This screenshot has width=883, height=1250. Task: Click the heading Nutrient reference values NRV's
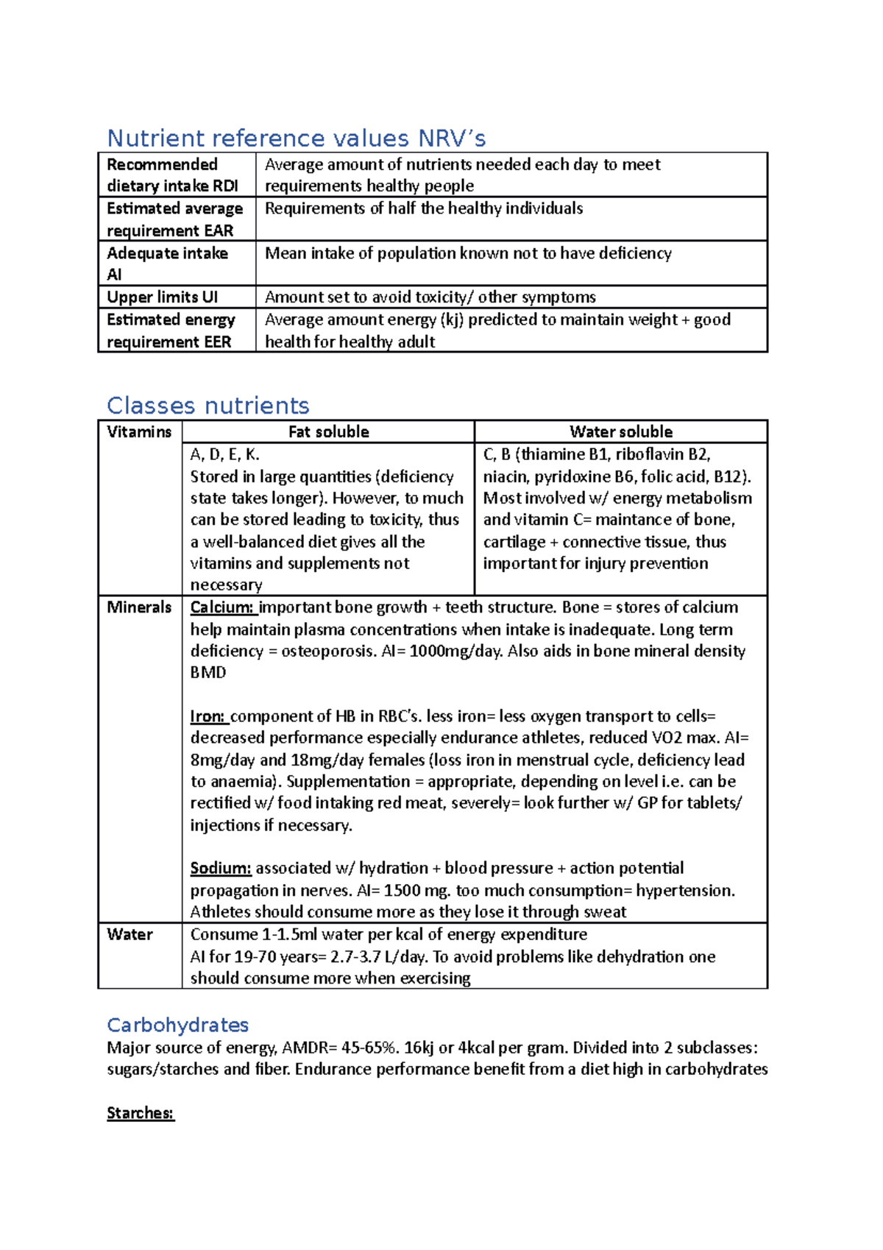coord(296,138)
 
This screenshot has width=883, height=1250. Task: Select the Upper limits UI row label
coord(162,297)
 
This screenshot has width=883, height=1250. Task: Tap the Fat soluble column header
coord(328,432)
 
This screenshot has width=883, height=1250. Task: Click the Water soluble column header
coord(620,432)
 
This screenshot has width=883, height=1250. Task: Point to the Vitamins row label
coord(139,432)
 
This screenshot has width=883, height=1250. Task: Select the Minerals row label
coord(139,607)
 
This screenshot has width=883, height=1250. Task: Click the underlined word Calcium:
coord(222,607)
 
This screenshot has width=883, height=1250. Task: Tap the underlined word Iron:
coord(208,716)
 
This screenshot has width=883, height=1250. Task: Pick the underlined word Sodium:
coord(220,869)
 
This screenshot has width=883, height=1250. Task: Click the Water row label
coord(130,935)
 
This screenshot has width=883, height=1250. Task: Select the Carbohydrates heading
coord(177,1025)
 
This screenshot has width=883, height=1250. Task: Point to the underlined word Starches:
coord(140,1113)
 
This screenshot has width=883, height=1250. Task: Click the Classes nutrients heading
coord(208,406)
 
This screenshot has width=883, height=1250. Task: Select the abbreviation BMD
coord(208,673)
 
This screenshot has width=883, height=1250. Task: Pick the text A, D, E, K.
coord(224,455)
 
